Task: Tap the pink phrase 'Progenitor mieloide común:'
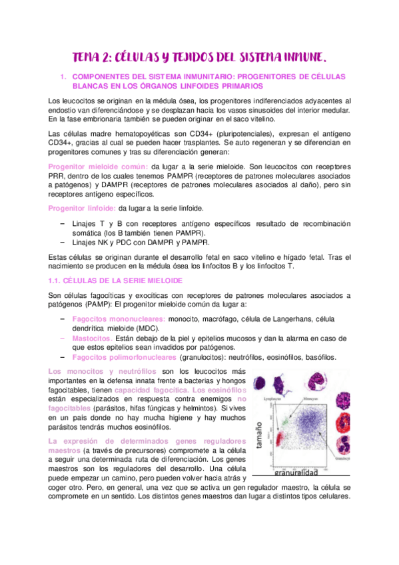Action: pos(99,166)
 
